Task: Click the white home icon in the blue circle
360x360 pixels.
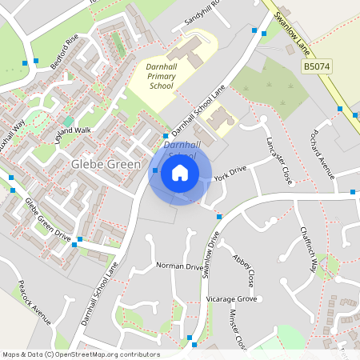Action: pos(180,172)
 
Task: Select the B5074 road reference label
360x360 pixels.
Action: pos(317,67)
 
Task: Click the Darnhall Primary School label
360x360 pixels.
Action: pos(160,75)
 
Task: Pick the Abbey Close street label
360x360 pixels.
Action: pos(243,271)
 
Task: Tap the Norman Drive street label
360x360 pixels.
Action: pos(180,266)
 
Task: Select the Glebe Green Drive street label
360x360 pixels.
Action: pos(48,219)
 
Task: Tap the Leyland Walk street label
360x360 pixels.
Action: pos(73,130)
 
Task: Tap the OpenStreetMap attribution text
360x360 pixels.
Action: pos(80,354)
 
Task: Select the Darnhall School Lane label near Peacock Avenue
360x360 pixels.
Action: pos(99,292)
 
